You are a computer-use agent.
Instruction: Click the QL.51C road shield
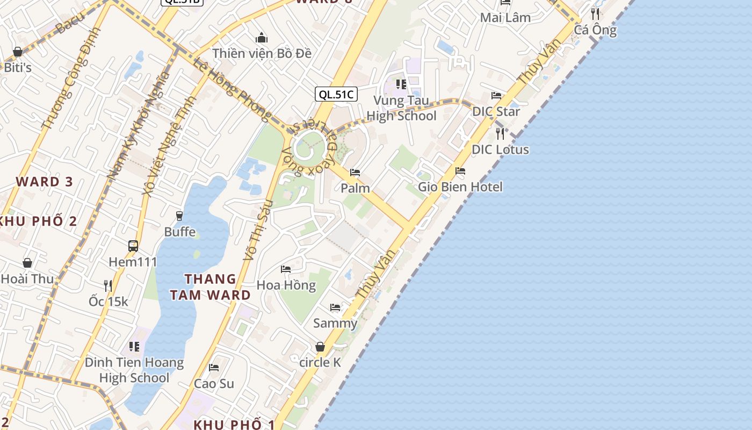[336, 95]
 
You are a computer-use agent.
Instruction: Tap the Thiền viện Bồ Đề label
[262, 53]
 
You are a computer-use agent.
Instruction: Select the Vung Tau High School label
[401, 108]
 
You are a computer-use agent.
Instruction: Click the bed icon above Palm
[355, 173]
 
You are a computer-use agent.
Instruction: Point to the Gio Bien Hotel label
[460, 187]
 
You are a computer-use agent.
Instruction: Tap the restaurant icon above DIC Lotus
[500, 133]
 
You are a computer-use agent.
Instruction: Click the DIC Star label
[496, 111]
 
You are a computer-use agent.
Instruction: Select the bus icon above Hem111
[133, 246]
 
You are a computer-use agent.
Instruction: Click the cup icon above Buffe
[179, 216]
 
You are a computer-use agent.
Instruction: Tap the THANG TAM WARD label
[211, 286]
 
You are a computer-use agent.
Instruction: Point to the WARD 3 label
[44, 181]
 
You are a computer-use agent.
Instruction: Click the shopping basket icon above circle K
[320, 347]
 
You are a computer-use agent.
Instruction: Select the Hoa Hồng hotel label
[286, 284]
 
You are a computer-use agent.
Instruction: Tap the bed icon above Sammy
[335, 307]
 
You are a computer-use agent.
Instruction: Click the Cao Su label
[214, 383]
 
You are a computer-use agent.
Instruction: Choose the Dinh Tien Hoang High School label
[134, 370]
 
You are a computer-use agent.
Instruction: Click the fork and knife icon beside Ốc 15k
[108, 285]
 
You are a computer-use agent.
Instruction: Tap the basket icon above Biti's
[18, 52]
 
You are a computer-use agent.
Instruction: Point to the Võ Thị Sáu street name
[259, 230]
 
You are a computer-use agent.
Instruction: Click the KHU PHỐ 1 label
[234, 424]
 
